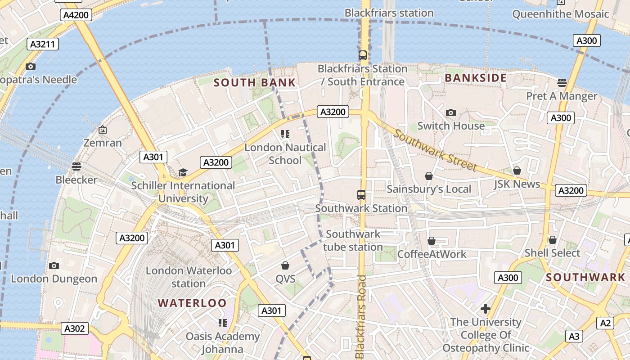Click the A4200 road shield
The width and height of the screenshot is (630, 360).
pyautogui.click(x=76, y=15)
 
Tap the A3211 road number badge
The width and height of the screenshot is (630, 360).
pyautogui.click(x=43, y=44)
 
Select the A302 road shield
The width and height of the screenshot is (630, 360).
pyautogui.click(x=75, y=328)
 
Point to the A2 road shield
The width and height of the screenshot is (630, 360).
pyautogui.click(x=605, y=323)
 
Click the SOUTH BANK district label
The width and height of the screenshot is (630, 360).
pyautogui.click(x=255, y=83)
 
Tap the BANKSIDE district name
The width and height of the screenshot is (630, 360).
pyautogui.click(x=476, y=78)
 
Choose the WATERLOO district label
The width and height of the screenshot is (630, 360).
pyautogui.click(x=192, y=303)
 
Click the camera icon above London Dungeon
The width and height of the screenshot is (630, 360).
pyautogui.click(x=54, y=265)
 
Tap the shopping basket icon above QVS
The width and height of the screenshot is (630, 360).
pyautogui.click(x=285, y=265)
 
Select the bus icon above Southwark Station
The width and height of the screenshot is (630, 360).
pyautogui.click(x=361, y=195)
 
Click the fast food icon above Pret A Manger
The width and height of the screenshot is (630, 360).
pyautogui.click(x=562, y=82)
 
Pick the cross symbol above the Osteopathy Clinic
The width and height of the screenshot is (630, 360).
pyautogui.click(x=485, y=309)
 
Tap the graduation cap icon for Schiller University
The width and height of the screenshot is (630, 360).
pyautogui.click(x=183, y=172)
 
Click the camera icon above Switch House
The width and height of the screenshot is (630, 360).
pyautogui.click(x=450, y=112)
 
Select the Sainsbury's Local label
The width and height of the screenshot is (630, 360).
pyautogui.click(x=429, y=189)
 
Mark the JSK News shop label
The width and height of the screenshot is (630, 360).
pyautogui.click(x=517, y=184)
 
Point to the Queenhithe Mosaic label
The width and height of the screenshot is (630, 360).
pyautogui.click(x=560, y=14)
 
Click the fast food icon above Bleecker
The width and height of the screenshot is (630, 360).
pyautogui.click(x=76, y=166)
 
